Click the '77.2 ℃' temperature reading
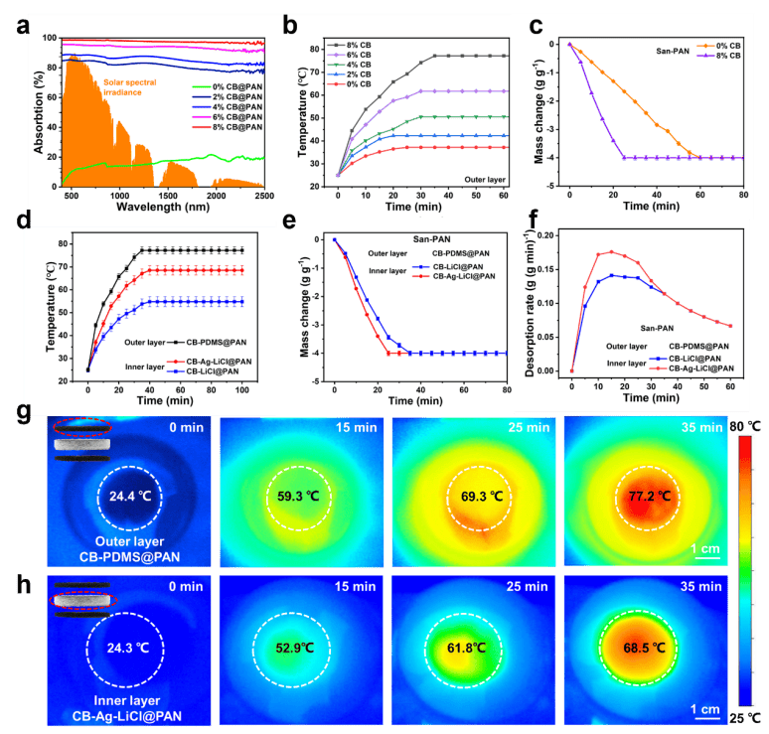tap(665, 495)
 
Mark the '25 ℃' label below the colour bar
tap(748, 717)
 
